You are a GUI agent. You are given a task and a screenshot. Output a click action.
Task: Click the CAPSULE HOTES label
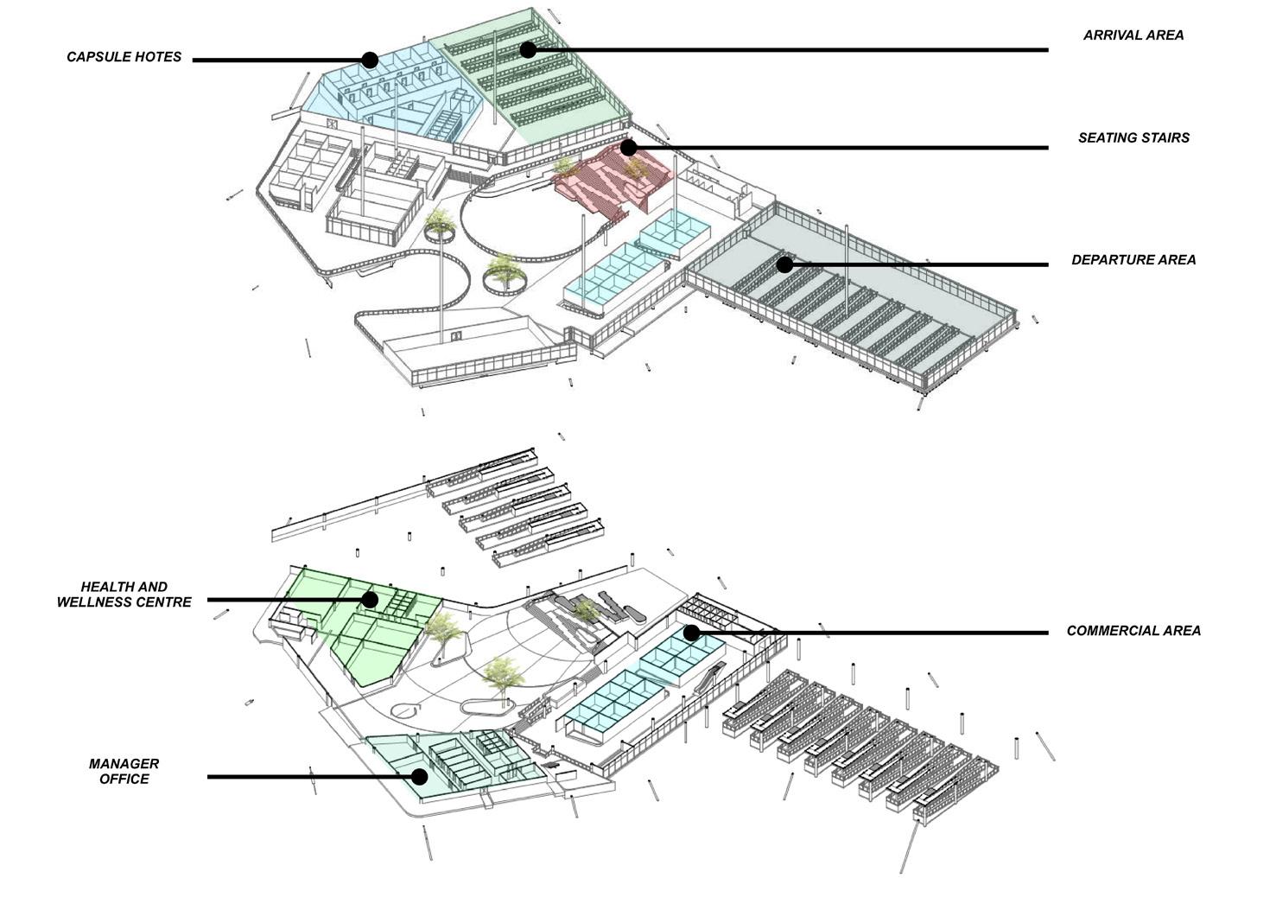(x=124, y=57)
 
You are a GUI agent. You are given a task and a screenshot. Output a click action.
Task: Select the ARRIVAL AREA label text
(x=1133, y=35)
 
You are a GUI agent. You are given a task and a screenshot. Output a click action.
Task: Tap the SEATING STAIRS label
(x=1133, y=137)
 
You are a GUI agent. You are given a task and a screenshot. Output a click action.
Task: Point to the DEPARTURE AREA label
(x=1133, y=259)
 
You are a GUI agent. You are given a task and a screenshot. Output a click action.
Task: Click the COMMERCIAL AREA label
(x=1133, y=631)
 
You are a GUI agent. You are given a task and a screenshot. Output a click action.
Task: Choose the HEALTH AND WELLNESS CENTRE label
(x=124, y=595)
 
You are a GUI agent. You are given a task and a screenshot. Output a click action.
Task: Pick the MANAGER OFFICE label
(x=124, y=772)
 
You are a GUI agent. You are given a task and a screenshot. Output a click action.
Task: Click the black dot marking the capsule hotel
(x=370, y=60)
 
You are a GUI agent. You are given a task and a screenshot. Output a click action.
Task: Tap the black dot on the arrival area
(x=528, y=50)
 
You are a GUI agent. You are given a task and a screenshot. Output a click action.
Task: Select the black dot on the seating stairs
(x=628, y=148)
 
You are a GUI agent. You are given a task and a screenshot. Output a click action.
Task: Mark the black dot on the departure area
(x=784, y=264)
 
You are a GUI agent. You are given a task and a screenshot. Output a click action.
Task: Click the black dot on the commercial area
(x=691, y=633)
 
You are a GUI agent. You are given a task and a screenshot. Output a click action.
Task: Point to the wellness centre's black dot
(x=370, y=599)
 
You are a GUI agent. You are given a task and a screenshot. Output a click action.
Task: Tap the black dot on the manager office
(x=419, y=776)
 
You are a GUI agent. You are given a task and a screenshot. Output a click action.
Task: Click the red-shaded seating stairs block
(x=605, y=181)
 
